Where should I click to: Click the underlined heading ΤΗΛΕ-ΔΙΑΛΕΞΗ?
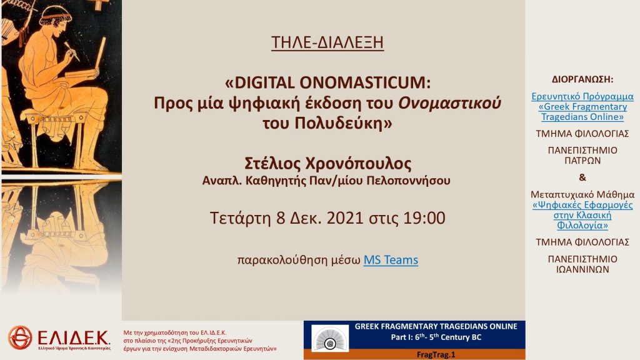point(327,42)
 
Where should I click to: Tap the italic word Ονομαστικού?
point(449,103)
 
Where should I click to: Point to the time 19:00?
point(424,218)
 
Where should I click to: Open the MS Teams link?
point(391,260)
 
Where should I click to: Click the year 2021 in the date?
point(345,218)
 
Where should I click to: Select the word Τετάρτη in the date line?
point(240,218)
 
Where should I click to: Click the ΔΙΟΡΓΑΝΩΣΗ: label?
point(582,79)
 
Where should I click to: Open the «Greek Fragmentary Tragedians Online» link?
point(582,107)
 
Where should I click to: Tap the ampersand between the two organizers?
point(582,177)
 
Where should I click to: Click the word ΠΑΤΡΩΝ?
point(582,161)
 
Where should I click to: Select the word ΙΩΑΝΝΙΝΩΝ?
point(582,269)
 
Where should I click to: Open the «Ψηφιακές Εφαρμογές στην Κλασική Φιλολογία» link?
point(582,215)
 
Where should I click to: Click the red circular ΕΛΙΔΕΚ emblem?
point(20,337)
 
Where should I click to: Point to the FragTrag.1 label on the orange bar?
point(436,355)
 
